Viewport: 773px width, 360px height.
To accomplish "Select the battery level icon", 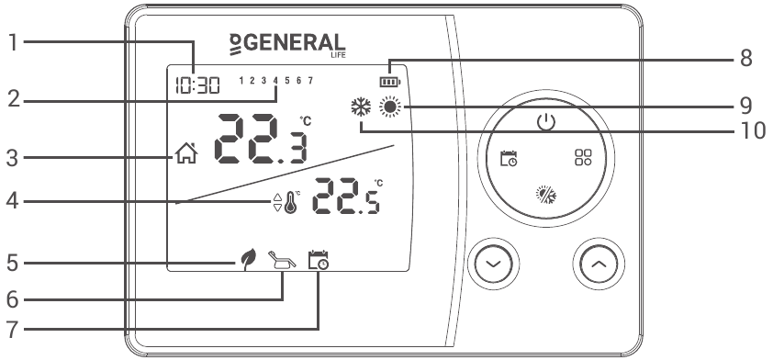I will pos(393,80).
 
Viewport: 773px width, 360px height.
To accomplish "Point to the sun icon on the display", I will pos(393,107).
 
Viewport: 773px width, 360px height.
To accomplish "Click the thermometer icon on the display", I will pos(291,203).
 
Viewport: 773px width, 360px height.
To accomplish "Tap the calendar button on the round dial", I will pos(508,158).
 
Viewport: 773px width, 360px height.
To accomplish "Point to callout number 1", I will pos(12,42).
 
